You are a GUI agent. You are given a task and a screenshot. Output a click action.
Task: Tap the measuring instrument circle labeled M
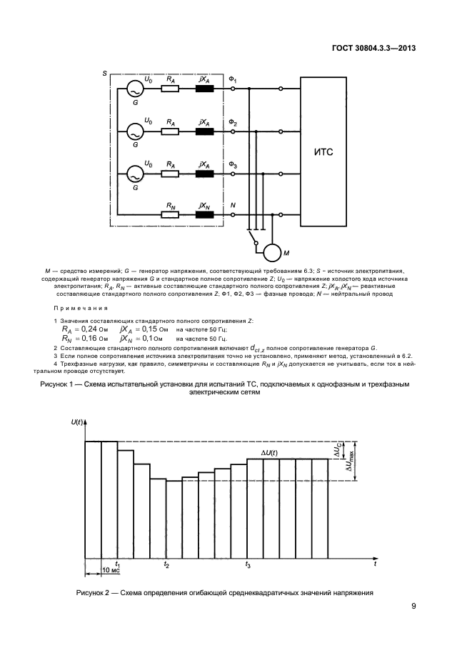pos(272,251)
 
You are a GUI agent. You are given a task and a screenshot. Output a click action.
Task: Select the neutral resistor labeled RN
pos(170,214)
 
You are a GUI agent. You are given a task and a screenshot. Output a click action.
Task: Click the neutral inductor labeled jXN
pos(204,214)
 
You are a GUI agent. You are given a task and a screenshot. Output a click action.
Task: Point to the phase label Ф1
pos(234,78)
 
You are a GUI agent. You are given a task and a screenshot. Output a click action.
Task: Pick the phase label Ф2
pos(234,122)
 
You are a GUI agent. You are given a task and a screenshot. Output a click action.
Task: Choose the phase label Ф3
pos(234,164)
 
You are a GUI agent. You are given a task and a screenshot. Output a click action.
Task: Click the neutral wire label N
pos(232,205)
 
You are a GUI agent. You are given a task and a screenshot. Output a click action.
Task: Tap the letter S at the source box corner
pos(105,74)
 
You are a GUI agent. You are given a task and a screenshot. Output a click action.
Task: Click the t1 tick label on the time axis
pos(118,564)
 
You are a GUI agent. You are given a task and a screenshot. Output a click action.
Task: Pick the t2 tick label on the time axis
pos(166,564)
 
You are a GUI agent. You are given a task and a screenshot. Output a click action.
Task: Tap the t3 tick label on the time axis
pos(248,564)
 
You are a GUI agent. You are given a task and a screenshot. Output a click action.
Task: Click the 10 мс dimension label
pos(110,571)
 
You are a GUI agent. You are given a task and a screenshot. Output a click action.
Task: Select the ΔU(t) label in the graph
pos(271,453)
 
